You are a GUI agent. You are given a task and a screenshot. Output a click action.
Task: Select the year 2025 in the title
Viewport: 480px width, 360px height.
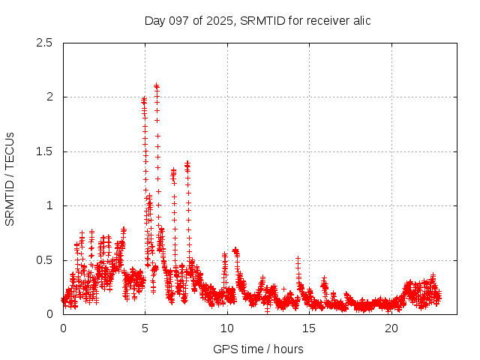pos(216,20)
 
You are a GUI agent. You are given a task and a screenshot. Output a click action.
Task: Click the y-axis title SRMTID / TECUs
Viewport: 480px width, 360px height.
pos(10,178)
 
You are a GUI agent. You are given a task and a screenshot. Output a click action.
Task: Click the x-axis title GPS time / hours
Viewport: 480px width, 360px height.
pos(258,349)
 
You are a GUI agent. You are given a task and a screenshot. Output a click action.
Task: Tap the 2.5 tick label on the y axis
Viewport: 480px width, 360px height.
pos(44,43)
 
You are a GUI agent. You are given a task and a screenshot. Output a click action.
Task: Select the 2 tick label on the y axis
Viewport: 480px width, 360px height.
pos(49,97)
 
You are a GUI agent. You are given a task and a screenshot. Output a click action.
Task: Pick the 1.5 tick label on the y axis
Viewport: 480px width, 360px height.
pos(44,151)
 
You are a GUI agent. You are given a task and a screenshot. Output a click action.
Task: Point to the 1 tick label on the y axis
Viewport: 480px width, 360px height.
pos(49,205)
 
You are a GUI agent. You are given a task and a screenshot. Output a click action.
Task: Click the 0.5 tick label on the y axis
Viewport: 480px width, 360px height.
pos(44,260)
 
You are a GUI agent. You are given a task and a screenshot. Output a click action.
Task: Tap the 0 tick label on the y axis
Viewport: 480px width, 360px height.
pos(49,314)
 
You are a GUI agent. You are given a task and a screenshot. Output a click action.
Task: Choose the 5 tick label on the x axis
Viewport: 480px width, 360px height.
pos(145,328)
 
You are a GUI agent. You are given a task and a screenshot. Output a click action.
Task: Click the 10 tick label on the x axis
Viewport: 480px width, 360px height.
pos(226,328)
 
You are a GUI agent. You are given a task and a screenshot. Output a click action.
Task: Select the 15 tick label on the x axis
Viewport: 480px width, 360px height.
pos(309,328)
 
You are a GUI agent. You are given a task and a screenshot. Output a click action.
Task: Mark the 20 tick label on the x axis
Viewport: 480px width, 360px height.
pos(391,328)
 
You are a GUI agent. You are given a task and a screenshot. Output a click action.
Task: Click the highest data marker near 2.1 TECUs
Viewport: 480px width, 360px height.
pos(156,85)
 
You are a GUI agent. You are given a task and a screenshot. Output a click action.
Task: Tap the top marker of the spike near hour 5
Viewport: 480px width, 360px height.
pos(143,99)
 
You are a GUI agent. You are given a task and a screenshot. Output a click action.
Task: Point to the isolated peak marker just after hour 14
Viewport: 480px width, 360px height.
pos(298,257)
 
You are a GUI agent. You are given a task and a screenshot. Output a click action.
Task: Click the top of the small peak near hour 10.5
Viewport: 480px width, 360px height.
pos(235,250)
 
